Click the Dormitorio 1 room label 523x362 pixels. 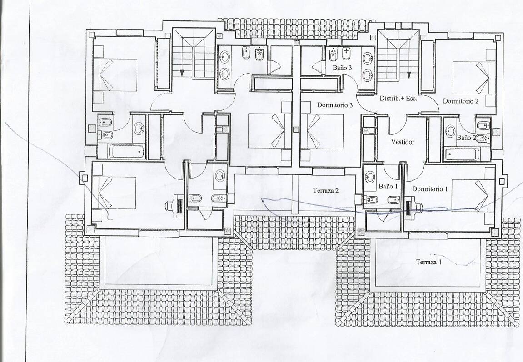pyautogui.click(x=430, y=189)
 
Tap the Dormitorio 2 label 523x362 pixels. pyautogui.click(x=461, y=101)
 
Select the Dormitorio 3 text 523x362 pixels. pyautogui.click(x=335, y=105)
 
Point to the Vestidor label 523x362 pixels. pyautogui.click(x=403, y=142)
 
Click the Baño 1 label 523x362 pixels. pyautogui.click(x=388, y=187)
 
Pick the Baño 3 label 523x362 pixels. pyautogui.click(x=342, y=68)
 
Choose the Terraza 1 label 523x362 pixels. pyautogui.click(x=428, y=262)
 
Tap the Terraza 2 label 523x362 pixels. pyautogui.click(x=326, y=191)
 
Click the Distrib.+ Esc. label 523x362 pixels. pyautogui.click(x=398, y=98)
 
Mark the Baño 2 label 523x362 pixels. pyautogui.click(x=466, y=137)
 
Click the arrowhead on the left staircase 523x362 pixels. pyautogui.click(x=182, y=72)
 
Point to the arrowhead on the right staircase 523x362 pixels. pyautogui.click(x=409, y=75)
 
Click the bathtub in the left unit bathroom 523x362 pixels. pyautogui.click(x=127, y=151)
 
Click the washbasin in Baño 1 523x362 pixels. pyautogui.click(x=370, y=177)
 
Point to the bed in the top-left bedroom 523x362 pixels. pyautogui.click(x=115, y=74)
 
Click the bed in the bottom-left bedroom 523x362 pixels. pyautogui.click(x=114, y=192)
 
